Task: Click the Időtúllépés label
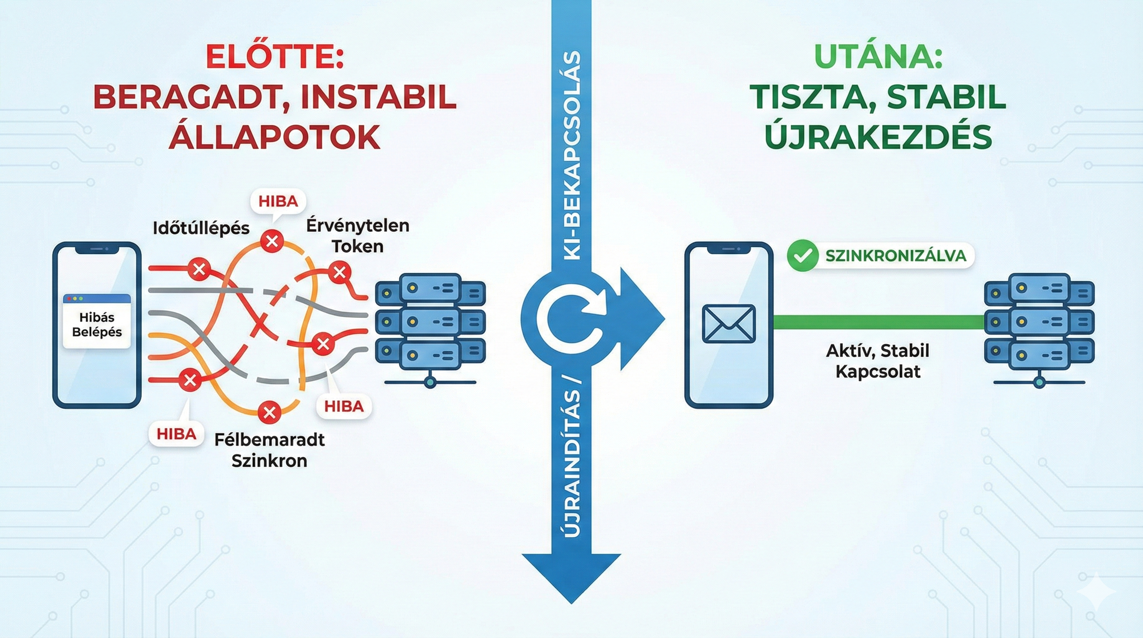201,228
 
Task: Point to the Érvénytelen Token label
358,236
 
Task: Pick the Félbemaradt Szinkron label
269,450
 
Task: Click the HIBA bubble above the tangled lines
278,201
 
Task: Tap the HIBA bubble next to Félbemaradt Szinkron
177,434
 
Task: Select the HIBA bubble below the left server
344,406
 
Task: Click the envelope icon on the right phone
728,324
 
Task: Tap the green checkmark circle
802,255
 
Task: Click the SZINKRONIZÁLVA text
895,255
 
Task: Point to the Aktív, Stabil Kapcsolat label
878,361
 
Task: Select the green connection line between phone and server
878,321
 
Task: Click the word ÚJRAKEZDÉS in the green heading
878,136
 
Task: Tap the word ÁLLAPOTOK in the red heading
275,136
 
